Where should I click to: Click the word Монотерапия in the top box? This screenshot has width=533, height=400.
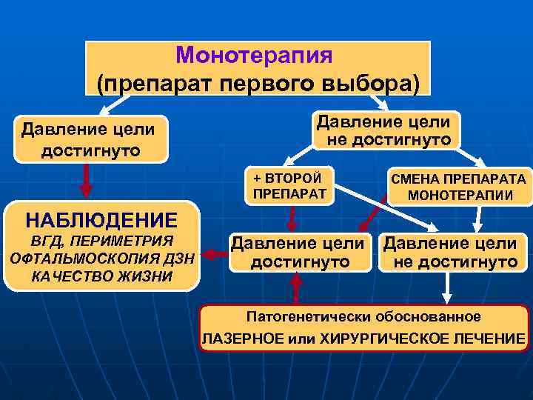click(255, 56)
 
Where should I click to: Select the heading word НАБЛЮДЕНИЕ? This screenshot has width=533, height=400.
click(101, 220)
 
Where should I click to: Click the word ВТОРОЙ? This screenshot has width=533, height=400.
click(297, 179)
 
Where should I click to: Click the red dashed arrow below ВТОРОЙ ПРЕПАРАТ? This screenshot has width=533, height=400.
click(292, 219)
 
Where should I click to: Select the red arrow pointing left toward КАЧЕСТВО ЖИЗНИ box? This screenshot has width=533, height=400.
click(215, 254)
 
